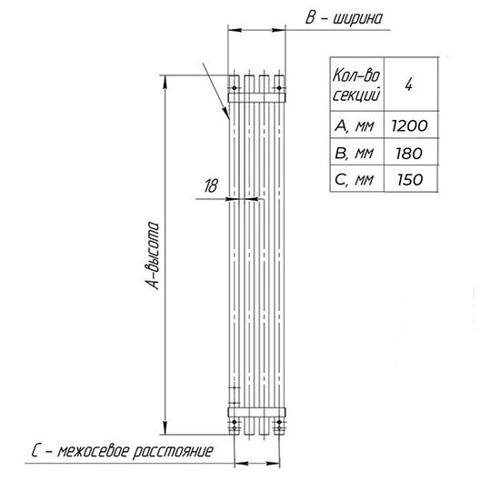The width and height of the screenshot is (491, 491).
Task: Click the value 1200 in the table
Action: click(x=409, y=125)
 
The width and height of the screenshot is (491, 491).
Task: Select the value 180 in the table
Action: click(x=409, y=154)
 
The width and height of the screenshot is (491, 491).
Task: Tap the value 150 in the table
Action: click(x=410, y=180)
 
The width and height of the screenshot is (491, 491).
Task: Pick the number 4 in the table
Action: click(x=408, y=85)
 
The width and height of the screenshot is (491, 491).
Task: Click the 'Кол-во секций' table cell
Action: click(x=356, y=85)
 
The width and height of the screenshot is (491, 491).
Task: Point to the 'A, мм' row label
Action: click(x=355, y=125)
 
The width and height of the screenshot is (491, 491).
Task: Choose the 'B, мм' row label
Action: click(x=355, y=154)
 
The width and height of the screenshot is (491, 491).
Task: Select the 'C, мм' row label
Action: click(x=355, y=180)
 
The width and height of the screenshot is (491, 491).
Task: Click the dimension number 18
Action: click(x=211, y=185)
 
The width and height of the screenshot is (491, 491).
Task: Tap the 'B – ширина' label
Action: click(x=344, y=18)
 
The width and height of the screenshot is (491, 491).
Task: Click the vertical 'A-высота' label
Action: click(x=153, y=256)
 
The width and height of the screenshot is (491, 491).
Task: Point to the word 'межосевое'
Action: click(x=94, y=451)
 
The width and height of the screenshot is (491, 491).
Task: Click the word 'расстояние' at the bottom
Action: click(x=173, y=452)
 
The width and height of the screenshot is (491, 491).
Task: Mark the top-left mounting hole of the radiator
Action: click(x=235, y=88)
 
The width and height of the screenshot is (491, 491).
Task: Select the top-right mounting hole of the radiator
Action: click(x=279, y=88)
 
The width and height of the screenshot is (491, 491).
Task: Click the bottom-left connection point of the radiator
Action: click(x=235, y=423)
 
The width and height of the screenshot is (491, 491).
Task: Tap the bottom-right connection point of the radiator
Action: click(x=279, y=423)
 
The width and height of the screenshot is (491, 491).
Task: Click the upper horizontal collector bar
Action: click(x=256, y=97)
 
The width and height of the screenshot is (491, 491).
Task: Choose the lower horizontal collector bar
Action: click(x=256, y=412)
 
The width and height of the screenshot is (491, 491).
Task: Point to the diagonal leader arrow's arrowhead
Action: click(x=226, y=114)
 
